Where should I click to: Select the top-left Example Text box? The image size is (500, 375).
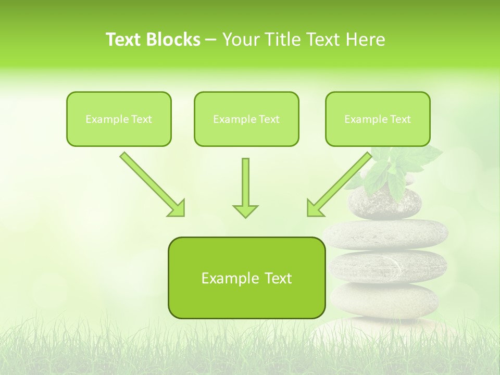click(119, 119)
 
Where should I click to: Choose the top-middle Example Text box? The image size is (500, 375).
click(246, 119)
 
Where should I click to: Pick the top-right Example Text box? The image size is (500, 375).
click(378, 119)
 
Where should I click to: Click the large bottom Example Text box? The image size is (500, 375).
click(246, 278)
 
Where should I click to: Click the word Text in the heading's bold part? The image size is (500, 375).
click(124, 40)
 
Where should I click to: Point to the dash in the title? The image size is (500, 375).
click(211, 40)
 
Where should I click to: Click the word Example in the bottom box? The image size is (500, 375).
click(227, 278)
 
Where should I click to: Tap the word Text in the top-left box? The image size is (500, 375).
click(141, 119)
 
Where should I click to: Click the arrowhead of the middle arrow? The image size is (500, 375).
click(245, 210)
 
